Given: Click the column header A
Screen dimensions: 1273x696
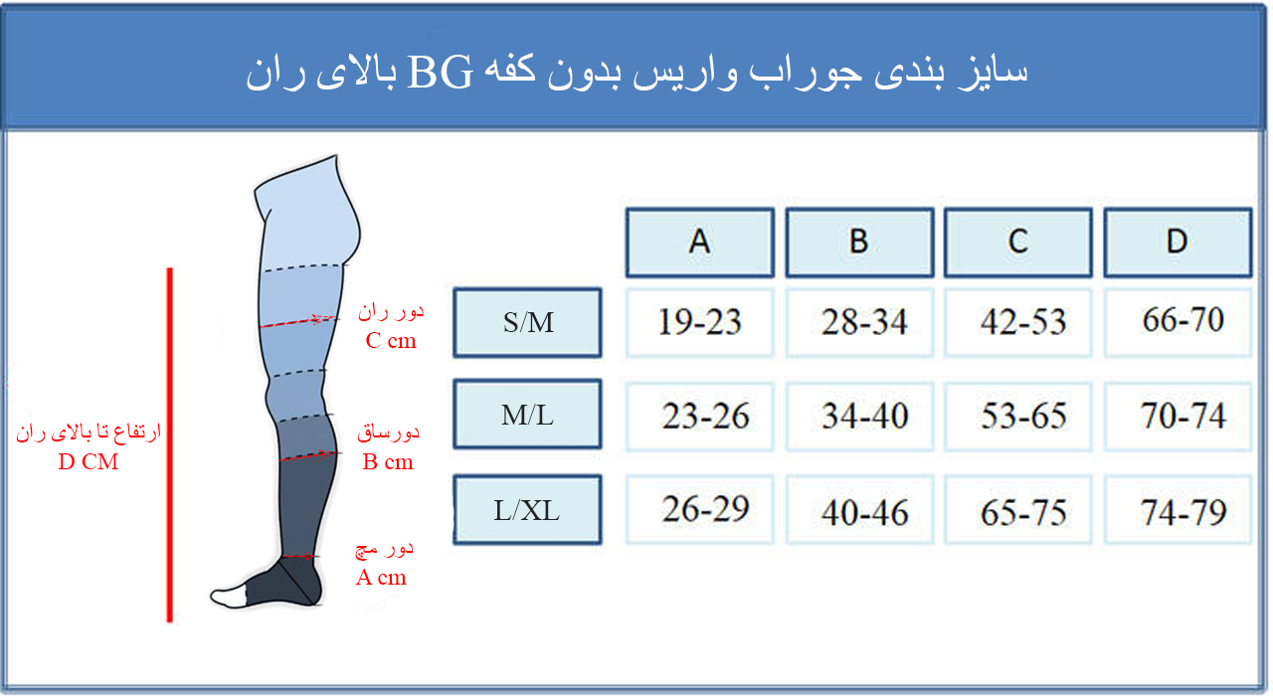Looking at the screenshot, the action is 700,243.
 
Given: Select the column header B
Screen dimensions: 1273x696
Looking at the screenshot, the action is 860,243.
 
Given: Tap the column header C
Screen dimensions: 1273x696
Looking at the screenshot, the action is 1018,243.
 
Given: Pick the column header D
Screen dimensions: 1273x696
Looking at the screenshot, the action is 1179,243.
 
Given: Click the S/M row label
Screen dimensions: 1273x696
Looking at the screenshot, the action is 527,323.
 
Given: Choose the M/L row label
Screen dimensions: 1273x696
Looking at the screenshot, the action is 527,415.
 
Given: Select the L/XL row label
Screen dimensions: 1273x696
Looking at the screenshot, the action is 527,510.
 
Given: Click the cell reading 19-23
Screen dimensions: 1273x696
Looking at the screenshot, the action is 700,323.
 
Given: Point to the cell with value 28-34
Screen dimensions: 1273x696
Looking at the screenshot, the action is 860,323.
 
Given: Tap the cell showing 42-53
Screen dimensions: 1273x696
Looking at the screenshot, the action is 1018,323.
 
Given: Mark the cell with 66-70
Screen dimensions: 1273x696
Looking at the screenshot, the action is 1179,323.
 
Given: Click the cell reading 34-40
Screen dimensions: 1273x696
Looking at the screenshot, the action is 860,417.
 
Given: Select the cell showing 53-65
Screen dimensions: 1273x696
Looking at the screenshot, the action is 1018,417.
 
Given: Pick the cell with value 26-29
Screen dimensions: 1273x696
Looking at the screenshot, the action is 700,510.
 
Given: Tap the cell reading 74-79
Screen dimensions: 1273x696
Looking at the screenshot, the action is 1179,510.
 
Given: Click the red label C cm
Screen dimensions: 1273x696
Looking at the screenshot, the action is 391,341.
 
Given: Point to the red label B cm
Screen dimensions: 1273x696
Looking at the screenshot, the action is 388,462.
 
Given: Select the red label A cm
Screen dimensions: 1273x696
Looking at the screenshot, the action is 381,578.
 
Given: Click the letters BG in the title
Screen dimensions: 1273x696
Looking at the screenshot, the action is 441,74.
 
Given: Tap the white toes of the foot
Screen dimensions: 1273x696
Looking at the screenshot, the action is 229,598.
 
